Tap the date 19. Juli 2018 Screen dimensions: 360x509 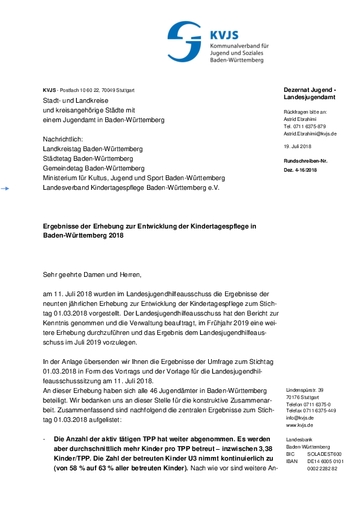tap(297, 147)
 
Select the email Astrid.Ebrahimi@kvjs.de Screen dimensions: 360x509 tap(310, 133)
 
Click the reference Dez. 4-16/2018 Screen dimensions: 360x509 tap(300, 170)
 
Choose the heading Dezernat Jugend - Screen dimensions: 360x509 tap(310, 89)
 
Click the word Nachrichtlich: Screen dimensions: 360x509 tap(62, 139)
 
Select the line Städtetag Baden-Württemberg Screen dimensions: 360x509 tap(88, 158)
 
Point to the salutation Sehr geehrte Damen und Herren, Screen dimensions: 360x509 tap(91, 275)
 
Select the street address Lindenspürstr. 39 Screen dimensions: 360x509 tap(304, 391)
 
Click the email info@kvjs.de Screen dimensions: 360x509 tap(299, 418)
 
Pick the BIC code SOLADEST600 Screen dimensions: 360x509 tap(324, 454)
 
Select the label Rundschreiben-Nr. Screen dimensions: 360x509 tap(306, 161)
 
